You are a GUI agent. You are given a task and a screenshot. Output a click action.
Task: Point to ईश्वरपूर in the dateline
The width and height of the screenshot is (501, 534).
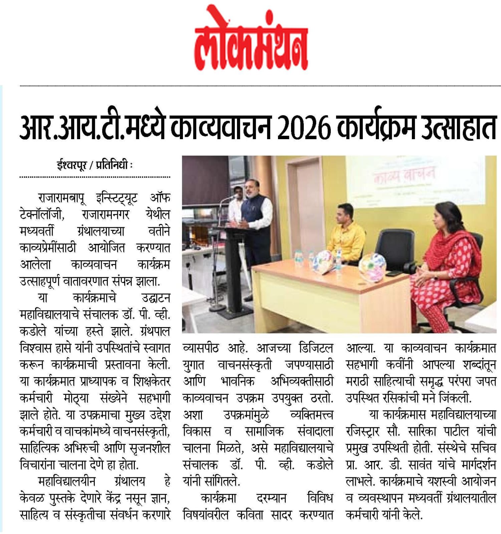point(71,165)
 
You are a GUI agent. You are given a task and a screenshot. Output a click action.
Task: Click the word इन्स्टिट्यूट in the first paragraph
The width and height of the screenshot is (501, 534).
point(116,198)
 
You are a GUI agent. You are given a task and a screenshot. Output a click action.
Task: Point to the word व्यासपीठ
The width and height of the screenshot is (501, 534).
point(201,348)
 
